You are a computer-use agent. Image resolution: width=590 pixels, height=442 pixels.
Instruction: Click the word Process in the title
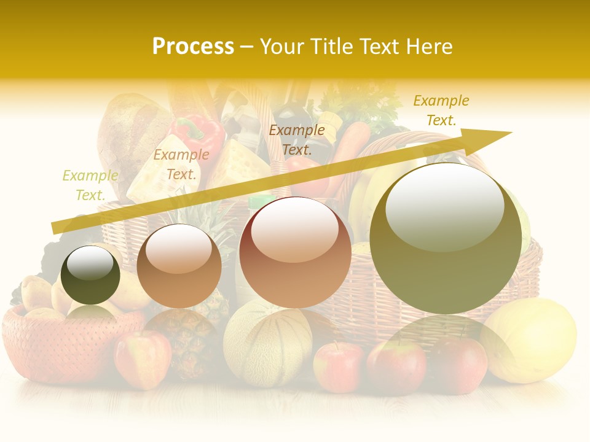pyautogui.click(x=193, y=47)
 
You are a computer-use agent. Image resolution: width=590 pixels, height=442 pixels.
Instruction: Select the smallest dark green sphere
pyautogui.click(x=90, y=275)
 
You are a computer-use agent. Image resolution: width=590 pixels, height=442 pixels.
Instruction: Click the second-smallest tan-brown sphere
pyautogui.click(x=179, y=266)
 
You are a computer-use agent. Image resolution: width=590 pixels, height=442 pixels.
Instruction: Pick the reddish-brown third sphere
pyautogui.click(x=295, y=252)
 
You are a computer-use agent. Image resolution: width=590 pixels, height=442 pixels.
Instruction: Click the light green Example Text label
pyautogui.click(x=90, y=185)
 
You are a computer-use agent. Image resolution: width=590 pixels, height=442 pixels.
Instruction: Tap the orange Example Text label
pyautogui.click(x=181, y=165)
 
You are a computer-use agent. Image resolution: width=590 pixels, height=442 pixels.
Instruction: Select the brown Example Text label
pyautogui.click(x=297, y=139)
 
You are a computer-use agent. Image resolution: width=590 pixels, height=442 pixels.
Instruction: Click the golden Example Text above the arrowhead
pyautogui.click(x=441, y=110)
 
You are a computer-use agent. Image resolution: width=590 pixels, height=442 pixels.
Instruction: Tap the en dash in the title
pyautogui.click(x=246, y=47)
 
